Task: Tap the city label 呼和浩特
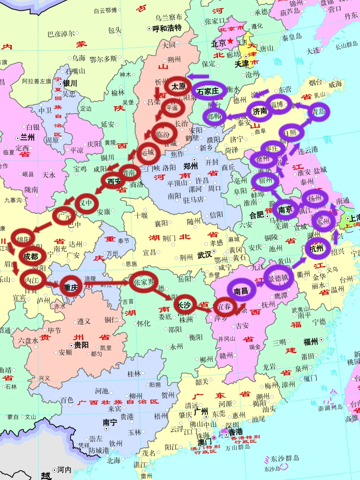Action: point(167,28)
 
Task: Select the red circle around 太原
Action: point(178,87)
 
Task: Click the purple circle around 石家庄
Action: point(208,91)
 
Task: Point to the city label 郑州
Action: point(191,166)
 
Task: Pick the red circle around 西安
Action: point(114,181)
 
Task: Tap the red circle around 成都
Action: point(31,256)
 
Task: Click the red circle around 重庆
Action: point(71,287)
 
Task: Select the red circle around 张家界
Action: point(144,282)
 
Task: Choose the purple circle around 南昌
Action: point(241,291)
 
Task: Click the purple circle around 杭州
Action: point(316,248)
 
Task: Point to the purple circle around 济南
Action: point(260,111)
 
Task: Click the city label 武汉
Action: point(205,255)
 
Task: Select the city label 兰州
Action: point(27,137)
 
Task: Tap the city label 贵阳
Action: point(81,345)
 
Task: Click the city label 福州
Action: point(311,342)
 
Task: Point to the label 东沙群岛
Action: point(285,459)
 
